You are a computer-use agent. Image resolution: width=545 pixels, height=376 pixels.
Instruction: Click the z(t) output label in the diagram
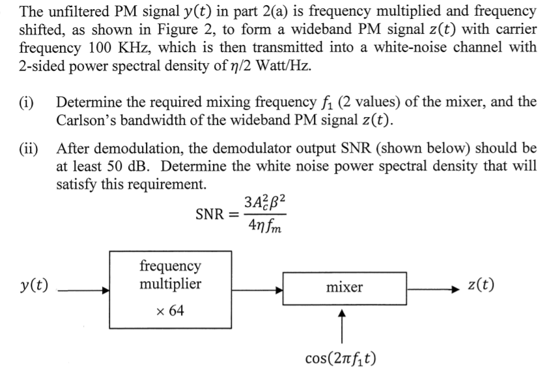click(x=481, y=286)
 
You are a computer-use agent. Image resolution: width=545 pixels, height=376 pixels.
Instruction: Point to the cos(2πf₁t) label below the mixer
click(x=344, y=358)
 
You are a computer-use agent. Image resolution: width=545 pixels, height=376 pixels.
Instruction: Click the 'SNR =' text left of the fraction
click(x=217, y=214)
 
